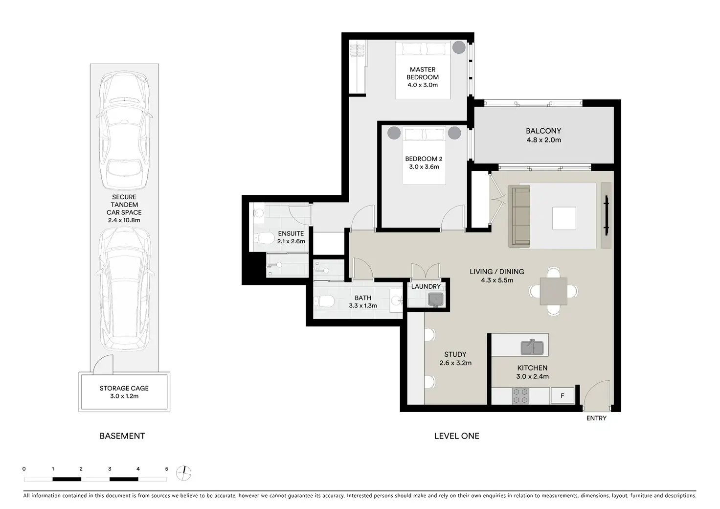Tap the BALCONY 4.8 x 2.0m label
click(543, 136)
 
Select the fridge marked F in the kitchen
click(562, 395)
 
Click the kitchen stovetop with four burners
click(520, 396)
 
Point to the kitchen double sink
click(532, 347)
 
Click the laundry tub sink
click(435, 300)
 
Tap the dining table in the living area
click(553, 291)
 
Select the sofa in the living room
click(519, 216)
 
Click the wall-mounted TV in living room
click(606, 215)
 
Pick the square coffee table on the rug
click(564, 218)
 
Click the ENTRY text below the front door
click(596, 418)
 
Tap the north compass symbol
click(184, 473)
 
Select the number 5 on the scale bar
click(166, 469)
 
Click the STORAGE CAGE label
click(124, 393)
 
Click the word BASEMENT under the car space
click(122, 437)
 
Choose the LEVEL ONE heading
click(456, 437)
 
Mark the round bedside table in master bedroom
click(459, 47)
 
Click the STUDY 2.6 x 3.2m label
click(455, 359)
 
